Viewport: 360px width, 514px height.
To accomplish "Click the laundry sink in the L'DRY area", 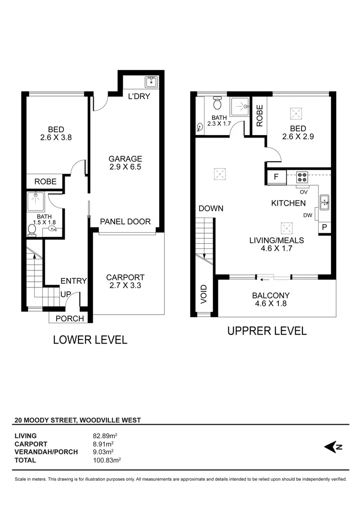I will [x=151, y=82].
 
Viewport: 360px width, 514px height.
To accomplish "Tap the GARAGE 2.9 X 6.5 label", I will [x=125, y=163].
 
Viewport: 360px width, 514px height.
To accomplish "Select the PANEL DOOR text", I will [x=125, y=222].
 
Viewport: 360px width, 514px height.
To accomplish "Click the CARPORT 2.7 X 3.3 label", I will [x=125, y=281].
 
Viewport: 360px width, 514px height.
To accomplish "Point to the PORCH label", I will [x=69, y=318].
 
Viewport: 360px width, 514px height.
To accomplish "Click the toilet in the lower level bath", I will [x=32, y=230].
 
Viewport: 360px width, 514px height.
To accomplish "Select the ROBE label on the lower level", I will [x=45, y=181].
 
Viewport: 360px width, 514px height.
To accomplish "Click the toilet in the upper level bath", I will [x=217, y=103].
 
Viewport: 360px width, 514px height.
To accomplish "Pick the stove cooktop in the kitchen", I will [x=302, y=178].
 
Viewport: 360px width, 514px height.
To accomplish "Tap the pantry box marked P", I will [x=325, y=227].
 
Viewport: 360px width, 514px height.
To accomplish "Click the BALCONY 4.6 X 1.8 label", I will [x=271, y=299].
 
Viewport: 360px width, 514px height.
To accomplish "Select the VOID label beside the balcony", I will [x=204, y=294].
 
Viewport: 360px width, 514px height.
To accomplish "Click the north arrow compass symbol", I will [x=333, y=446].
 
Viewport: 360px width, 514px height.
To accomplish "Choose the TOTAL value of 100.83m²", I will [x=107, y=460].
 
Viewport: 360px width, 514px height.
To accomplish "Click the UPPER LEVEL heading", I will [x=267, y=331].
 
